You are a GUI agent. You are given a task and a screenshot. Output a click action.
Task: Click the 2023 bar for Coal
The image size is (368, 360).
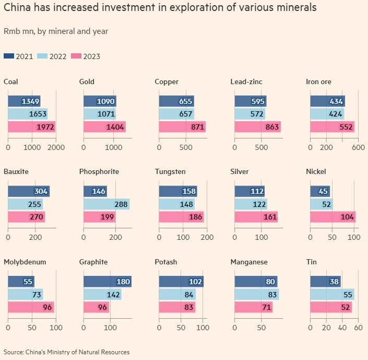pyautogui.click(x=31, y=127)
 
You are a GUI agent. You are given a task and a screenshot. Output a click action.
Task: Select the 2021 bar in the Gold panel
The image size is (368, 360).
pyautogui.click(x=100, y=101)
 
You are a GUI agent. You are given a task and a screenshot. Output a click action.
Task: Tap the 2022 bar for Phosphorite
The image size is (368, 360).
pyautogui.click(x=106, y=204)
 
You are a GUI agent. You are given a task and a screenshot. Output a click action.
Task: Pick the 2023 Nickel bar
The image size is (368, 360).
pyautogui.click(x=333, y=216)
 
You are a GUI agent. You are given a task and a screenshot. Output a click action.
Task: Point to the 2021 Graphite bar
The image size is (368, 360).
pyautogui.click(x=108, y=282)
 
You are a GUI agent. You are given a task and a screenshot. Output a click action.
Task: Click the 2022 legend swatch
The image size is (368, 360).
pyautogui.click(x=44, y=56)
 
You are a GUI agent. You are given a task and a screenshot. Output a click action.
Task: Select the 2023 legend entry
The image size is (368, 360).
pyautogui.click(x=86, y=56)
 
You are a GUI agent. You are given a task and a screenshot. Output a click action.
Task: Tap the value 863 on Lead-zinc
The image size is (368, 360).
pyautogui.click(x=271, y=127)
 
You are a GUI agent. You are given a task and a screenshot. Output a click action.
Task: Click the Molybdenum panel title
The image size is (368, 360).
pyautogui.click(x=22, y=261)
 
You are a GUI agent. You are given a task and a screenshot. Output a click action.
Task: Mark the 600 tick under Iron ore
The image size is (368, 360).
pyautogui.click(x=358, y=147)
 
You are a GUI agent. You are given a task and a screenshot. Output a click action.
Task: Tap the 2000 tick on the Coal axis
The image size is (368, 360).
pyautogui.click(x=56, y=147)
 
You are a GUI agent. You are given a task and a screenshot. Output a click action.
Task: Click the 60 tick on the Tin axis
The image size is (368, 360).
pyautogui.click(x=358, y=328)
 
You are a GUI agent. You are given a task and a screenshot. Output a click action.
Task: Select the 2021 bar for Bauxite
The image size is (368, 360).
pyautogui.click(x=29, y=191)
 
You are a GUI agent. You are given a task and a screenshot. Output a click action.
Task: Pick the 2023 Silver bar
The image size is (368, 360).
pyautogui.click(x=256, y=216)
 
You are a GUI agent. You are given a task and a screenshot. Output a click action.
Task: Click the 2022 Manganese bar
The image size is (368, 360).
pyautogui.click(x=257, y=295)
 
